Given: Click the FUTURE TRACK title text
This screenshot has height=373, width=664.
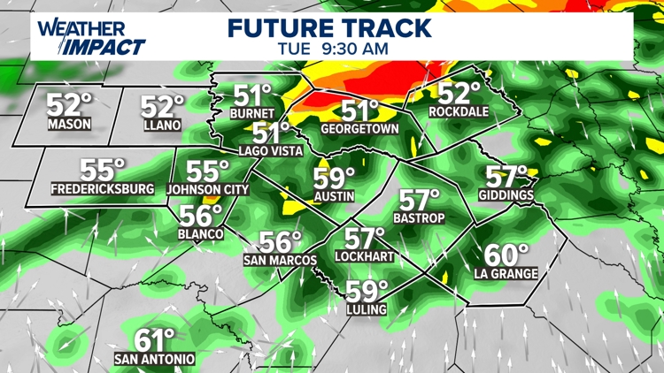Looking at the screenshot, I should click(x=329, y=27).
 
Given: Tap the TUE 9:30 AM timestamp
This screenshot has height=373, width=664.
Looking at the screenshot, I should click(x=332, y=49).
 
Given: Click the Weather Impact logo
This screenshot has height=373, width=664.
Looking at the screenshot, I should click(x=91, y=37).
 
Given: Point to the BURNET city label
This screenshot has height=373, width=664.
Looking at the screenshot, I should click(x=247, y=114).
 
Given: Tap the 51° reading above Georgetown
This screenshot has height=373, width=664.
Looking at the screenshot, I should click(x=360, y=110).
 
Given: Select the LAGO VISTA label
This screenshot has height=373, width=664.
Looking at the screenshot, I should click(x=269, y=151).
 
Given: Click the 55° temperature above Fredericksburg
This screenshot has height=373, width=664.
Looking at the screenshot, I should click(x=103, y=169).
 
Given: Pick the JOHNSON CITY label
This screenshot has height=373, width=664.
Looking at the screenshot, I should click(x=206, y=188).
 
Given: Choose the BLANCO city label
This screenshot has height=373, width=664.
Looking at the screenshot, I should click(x=200, y=233).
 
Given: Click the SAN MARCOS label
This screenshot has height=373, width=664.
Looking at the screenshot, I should click(x=280, y=260).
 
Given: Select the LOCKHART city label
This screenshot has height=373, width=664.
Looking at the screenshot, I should click(x=364, y=256).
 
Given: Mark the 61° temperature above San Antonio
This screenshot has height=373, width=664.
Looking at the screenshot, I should click(x=156, y=340).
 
